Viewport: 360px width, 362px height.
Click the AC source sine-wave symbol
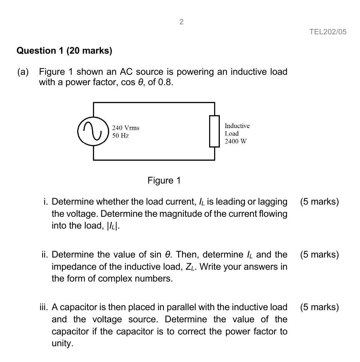tap(93, 131)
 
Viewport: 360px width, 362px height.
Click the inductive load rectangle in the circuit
tap(214, 131)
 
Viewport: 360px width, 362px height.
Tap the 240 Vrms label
tap(125, 128)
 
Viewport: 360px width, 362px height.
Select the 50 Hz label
tap(120, 136)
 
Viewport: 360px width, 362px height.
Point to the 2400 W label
tap(236, 141)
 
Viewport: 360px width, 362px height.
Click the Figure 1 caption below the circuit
tap(164, 180)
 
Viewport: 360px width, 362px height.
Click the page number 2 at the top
tap(181, 22)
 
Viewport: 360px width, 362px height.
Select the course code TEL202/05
tap(328, 32)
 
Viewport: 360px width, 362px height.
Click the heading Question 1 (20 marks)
tap(64, 51)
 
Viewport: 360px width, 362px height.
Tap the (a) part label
tap(23, 72)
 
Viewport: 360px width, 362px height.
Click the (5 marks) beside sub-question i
tap(319, 202)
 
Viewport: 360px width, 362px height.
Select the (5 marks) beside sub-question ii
tap(319, 255)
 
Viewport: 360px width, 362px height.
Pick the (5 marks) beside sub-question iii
tap(319, 307)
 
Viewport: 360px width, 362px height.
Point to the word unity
tap(62, 343)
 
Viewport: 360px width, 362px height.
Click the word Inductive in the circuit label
tap(237, 126)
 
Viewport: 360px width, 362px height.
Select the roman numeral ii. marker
tap(45, 255)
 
